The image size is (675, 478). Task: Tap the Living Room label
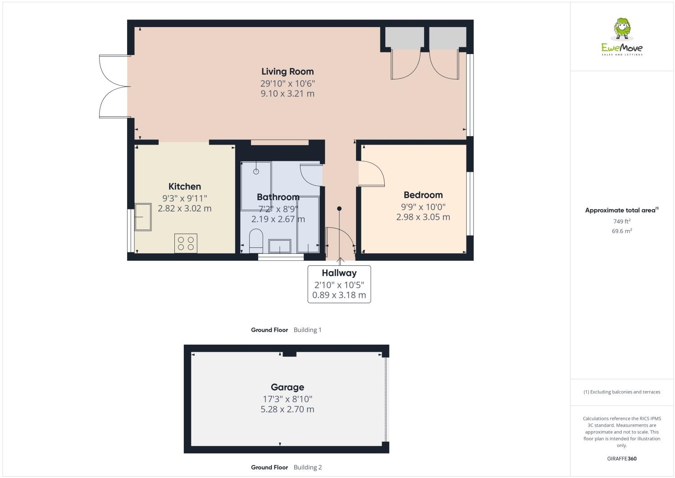287,71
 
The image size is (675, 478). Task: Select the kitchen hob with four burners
186,243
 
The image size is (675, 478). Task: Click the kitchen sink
143,217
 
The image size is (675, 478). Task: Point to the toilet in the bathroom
256,241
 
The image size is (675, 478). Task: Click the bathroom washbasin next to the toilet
280,246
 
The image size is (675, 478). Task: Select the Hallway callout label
339,273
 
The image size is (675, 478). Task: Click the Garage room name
287,387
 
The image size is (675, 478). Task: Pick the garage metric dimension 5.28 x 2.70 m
287,410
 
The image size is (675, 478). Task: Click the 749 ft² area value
621,221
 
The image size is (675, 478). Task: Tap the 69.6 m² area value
621,231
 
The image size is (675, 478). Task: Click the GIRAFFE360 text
621,459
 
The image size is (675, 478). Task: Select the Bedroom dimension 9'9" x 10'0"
423,207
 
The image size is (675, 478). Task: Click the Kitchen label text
184,187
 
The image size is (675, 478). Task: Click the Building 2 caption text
307,467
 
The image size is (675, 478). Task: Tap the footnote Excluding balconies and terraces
621,392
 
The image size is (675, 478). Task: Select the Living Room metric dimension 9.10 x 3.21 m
287,94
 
